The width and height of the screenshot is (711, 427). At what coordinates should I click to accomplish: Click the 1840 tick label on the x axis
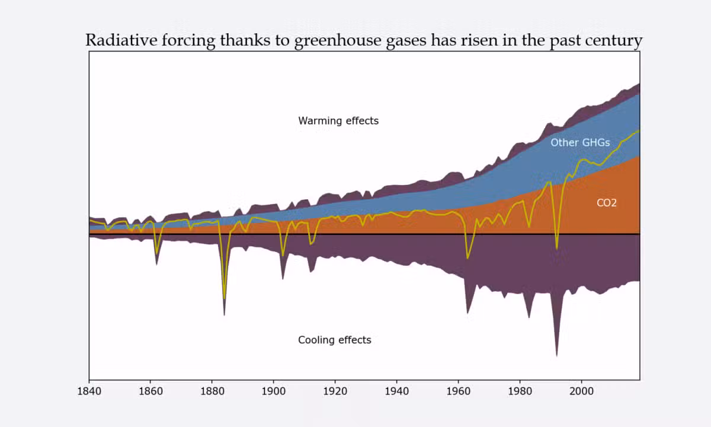(x=89, y=391)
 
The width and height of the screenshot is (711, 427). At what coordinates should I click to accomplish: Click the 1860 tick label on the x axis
(x=150, y=391)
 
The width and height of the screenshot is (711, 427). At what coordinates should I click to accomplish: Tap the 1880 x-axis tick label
(x=212, y=391)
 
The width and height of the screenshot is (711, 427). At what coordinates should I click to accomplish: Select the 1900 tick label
(x=274, y=391)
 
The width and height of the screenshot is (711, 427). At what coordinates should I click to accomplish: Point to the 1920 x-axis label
(x=335, y=391)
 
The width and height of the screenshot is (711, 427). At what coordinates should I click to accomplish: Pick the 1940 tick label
(x=397, y=391)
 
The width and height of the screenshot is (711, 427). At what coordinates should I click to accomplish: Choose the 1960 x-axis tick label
(x=459, y=391)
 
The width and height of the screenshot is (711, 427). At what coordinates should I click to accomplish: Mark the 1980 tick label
(x=520, y=391)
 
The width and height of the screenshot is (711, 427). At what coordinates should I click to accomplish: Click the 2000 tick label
(x=582, y=391)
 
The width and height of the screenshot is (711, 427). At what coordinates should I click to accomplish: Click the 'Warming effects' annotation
(x=338, y=121)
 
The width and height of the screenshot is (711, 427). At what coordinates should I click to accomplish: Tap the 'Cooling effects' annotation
(x=335, y=340)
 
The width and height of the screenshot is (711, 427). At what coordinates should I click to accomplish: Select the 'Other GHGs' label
(x=580, y=143)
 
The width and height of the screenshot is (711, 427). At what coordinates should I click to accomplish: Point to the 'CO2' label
(x=607, y=203)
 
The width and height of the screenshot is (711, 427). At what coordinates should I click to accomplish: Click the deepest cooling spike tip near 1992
(x=557, y=356)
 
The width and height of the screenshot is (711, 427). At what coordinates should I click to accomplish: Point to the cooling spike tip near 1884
(x=225, y=315)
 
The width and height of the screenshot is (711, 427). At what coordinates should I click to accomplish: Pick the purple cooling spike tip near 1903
(x=283, y=279)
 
